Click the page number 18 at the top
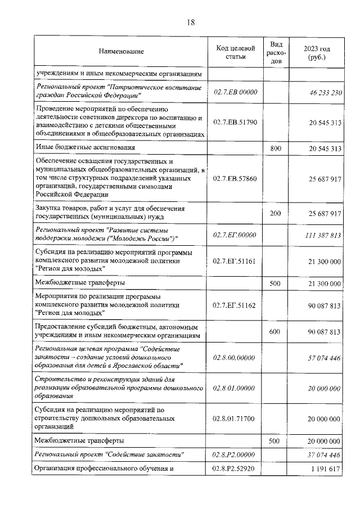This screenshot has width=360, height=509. click(x=191, y=22)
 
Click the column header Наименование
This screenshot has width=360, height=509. click(x=121, y=52)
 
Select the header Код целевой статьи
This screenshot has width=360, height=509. click(x=236, y=52)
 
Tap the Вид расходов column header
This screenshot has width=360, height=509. click(x=276, y=52)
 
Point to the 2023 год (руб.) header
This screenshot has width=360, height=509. click(x=317, y=52)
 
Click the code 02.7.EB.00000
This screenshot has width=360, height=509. click(x=236, y=92)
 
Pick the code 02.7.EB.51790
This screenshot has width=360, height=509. click(x=236, y=121)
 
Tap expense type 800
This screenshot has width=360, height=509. click(x=275, y=148)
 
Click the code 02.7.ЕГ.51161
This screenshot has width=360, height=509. click(x=236, y=261)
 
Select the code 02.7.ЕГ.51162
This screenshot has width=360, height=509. click(x=236, y=305)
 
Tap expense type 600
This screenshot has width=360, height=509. click(x=275, y=332)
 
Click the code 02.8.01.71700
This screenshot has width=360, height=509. click(x=236, y=418)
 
